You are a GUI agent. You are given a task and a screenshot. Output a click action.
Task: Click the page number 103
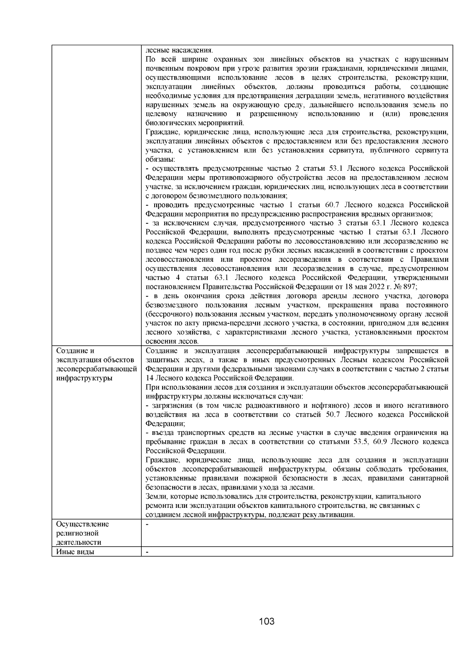267,622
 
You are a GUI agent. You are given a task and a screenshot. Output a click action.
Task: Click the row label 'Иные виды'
75,552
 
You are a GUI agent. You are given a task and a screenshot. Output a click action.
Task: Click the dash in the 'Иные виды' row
147,552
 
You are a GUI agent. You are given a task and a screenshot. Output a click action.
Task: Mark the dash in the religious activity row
147,524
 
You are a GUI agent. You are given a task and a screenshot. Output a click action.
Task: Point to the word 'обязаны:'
161,159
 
